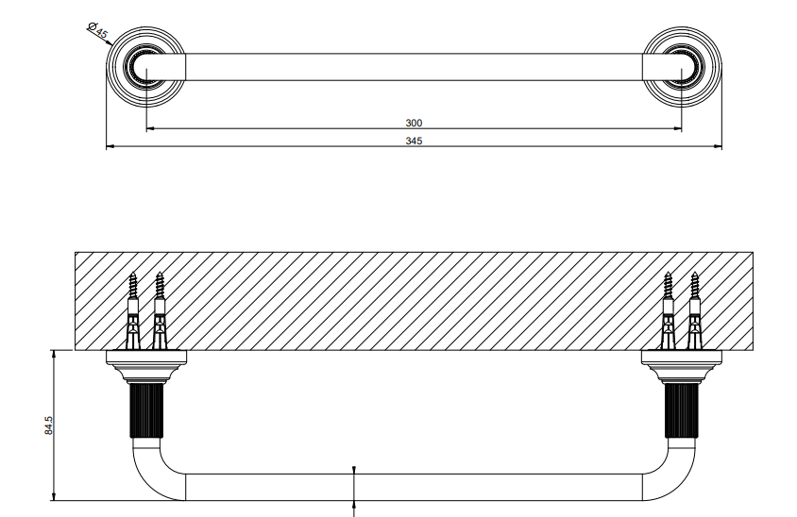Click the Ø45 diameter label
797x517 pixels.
(97, 30)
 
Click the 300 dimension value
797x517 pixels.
(414, 123)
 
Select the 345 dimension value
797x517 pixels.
(414, 141)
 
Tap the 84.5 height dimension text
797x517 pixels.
(49, 425)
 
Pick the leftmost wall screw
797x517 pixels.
(132, 310)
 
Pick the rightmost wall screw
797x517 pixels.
(694, 310)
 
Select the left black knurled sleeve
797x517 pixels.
(146, 410)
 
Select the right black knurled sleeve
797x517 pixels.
(682, 410)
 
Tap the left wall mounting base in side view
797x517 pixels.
(146, 366)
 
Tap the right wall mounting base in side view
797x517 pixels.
(682, 366)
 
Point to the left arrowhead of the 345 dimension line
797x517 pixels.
(110, 147)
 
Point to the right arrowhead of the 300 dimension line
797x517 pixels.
(678, 129)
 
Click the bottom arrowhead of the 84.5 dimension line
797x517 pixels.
(54, 496)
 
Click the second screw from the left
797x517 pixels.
(160, 310)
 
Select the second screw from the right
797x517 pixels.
(668, 310)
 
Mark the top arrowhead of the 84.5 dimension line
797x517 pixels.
(54, 354)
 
